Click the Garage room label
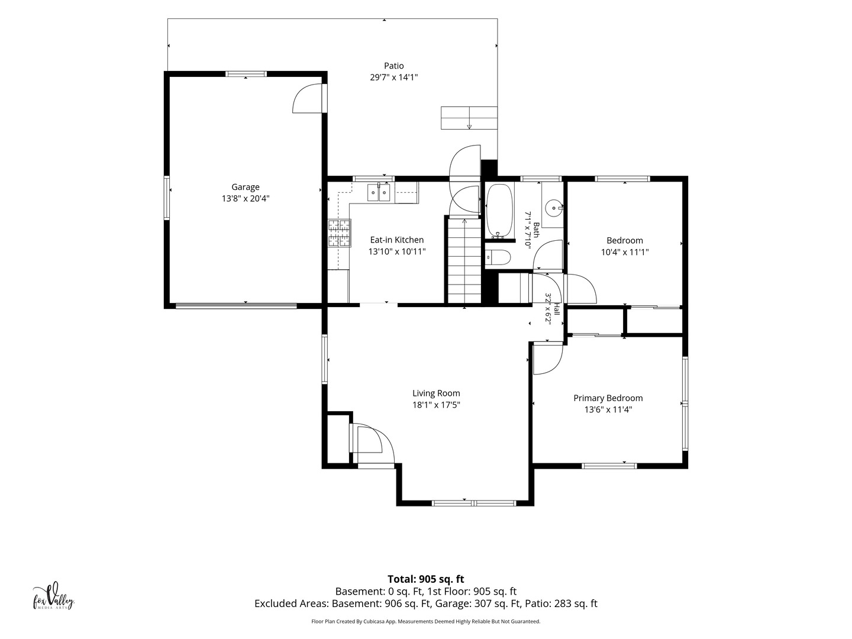246,187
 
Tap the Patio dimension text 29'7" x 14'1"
393,77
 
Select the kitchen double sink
379,193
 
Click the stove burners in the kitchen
340,233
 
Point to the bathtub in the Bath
499,211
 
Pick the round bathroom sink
554,208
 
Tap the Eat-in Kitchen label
396,240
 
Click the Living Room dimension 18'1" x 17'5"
436,405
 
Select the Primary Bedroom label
608,398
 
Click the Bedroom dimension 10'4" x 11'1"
625,252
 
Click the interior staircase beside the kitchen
464,261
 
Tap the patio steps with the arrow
469,118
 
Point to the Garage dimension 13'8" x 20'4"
246,199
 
